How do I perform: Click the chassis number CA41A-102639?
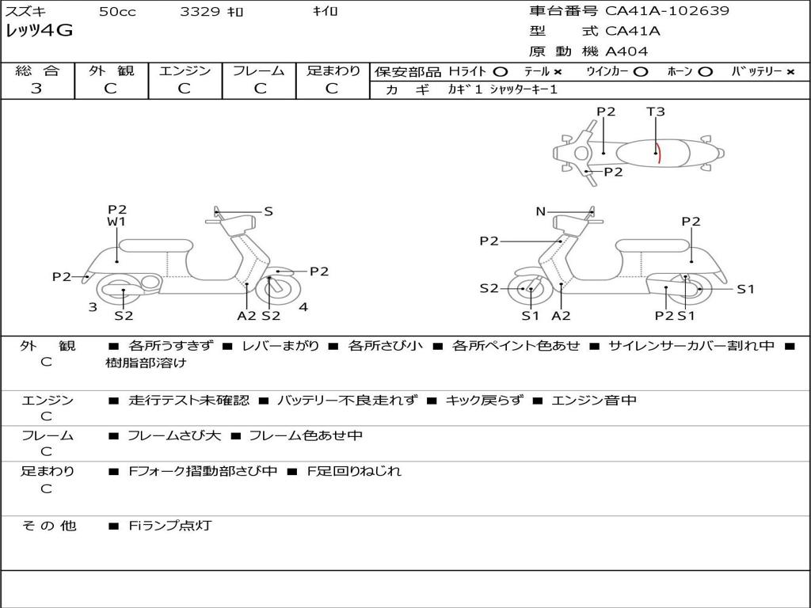[x=667, y=11]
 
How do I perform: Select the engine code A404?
[x=626, y=51]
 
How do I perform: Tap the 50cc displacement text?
[x=117, y=12]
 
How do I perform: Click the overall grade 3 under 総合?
[x=36, y=89]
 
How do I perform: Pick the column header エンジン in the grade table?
[x=185, y=70]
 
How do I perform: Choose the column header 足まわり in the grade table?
[x=333, y=70]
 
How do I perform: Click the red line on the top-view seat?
[x=658, y=152]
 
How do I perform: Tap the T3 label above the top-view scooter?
[x=656, y=112]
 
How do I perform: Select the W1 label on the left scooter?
[x=117, y=222]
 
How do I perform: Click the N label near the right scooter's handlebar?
[x=541, y=211]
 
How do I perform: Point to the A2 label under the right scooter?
[x=561, y=316]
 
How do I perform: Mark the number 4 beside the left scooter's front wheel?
[x=303, y=307]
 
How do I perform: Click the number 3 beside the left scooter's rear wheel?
[x=93, y=307]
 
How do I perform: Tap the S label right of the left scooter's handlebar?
[x=268, y=211]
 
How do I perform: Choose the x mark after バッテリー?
[x=790, y=71]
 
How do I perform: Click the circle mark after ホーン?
[x=706, y=71]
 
